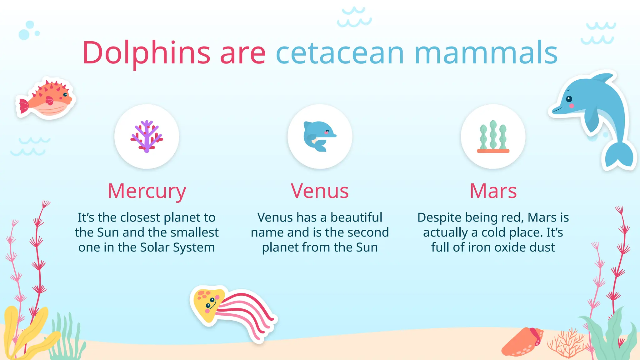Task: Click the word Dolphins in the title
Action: coord(146,53)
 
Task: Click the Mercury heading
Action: coord(147,191)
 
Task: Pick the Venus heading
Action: coord(320,191)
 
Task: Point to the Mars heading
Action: coord(493,191)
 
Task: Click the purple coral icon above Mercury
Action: coord(147,137)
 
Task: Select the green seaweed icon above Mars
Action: coord(493,137)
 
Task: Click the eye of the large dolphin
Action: coord(569,99)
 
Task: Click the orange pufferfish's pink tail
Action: coord(24,106)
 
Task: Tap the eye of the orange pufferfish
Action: coord(65,94)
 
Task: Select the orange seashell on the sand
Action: coord(522,342)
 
